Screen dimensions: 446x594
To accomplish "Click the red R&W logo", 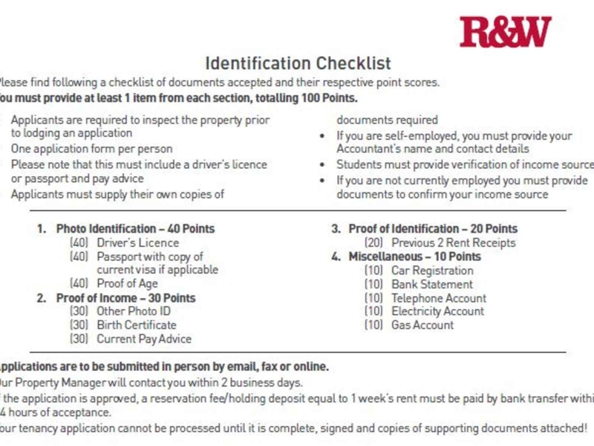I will (505, 32).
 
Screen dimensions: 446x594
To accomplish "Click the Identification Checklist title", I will (298, 63).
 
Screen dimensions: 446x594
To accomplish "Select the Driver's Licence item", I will (137, 242).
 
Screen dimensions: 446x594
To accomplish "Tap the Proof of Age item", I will (127, 283).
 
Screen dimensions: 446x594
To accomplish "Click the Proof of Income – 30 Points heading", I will (125, 297).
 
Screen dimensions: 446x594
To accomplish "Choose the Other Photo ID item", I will (133, 311).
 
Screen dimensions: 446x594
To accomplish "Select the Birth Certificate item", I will (137, 325).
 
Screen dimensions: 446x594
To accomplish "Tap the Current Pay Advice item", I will (144, 339).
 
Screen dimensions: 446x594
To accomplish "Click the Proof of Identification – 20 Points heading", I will (433, 229).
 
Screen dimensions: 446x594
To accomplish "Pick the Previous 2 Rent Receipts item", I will (453, 242).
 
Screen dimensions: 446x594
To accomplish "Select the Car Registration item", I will (432, 271).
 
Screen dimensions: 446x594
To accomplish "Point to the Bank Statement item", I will (432, 284).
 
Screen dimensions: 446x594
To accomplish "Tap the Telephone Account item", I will (439, 298).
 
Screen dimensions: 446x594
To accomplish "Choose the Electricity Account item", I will (437, 311).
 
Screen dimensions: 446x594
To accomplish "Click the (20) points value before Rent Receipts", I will (373, 242).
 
